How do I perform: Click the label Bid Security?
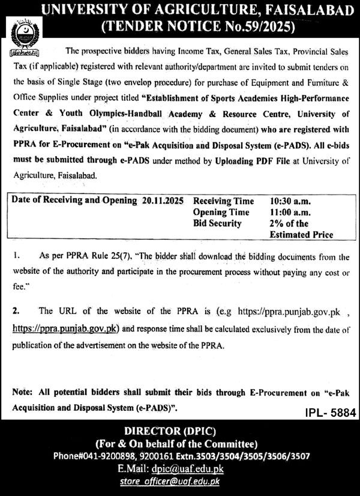pyautogui.click(x=217, y=223)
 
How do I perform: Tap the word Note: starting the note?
pyautogui.click(x=22, y=392)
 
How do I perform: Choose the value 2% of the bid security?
pyautogui.click(x=280, y=223)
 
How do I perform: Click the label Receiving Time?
pyautogui.click(x=223, y=201)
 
